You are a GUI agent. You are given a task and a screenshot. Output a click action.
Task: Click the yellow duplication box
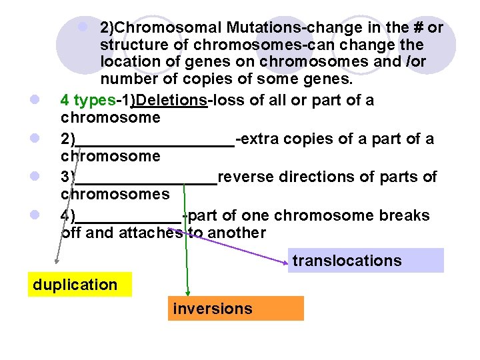(79, 285)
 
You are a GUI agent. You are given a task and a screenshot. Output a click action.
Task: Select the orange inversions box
(235, 309)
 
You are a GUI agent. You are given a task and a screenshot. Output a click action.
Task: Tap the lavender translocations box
(366, 261)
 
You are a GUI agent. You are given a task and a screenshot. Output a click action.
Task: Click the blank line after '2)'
(155, 141)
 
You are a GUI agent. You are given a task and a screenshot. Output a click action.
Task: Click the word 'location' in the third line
(128, 61)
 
